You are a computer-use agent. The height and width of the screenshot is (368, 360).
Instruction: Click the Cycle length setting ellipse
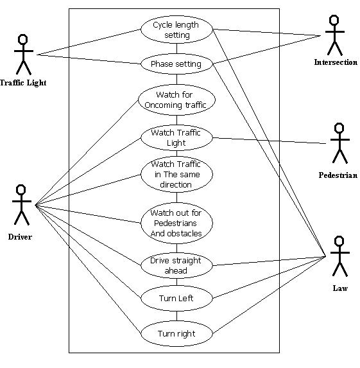(177, 30)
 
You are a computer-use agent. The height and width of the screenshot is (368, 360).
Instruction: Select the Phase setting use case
(177, 64)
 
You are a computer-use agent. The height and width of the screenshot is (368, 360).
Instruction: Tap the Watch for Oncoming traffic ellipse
(177, 100)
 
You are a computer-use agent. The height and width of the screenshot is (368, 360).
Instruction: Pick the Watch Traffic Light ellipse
(177, 137)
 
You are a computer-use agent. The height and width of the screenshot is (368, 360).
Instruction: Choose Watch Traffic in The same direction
(177, 175)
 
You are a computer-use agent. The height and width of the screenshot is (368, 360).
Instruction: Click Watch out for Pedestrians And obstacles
(177, 223)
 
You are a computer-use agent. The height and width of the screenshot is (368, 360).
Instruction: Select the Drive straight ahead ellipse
(177, 265)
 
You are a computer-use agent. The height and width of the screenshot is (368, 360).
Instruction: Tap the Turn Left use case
(177, 298)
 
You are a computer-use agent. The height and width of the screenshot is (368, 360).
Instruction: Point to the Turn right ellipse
(177, 333)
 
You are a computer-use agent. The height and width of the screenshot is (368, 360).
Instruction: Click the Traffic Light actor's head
(23, 39)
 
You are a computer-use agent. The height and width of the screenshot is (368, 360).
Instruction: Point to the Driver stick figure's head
(21, 189)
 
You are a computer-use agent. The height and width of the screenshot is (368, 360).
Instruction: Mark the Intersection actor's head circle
(334, 20)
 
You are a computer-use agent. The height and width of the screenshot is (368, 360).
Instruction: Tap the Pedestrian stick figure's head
(339, 128)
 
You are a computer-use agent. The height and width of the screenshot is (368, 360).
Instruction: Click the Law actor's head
(339, 241)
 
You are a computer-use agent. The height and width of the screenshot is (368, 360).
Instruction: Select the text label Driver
(20, 237)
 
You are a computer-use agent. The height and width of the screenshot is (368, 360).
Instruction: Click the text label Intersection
(336, 62)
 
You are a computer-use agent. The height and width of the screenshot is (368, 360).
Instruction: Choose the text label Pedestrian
(338, 175)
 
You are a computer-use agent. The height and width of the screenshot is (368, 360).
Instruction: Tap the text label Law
(340, 288)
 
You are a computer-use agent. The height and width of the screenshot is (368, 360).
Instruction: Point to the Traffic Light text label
(23, 83)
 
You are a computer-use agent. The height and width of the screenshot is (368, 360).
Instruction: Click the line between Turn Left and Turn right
(177, 316)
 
